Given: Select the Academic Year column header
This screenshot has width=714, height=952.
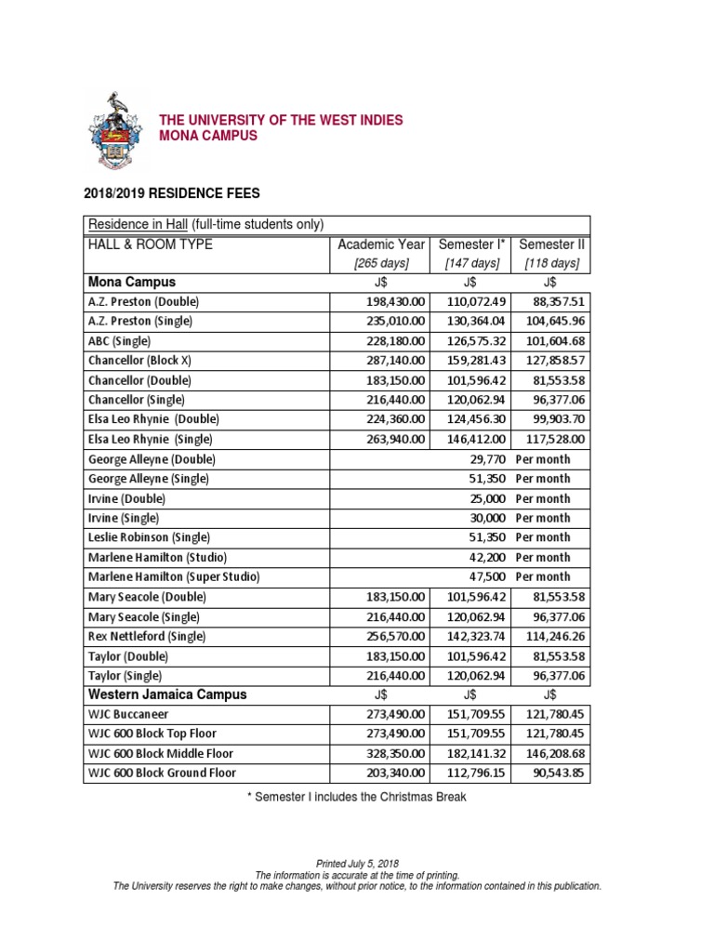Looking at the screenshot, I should (381, 245).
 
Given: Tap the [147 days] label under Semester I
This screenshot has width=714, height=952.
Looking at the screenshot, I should (471, 264).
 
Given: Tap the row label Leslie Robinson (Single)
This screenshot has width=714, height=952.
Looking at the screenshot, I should (149, 537).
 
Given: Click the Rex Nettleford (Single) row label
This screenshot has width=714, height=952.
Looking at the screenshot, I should (147, 636).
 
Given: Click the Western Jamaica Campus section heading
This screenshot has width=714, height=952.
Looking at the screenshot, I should (167, 694).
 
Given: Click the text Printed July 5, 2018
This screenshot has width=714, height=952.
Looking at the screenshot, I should (357, 864).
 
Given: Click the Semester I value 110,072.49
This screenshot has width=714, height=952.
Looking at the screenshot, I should (471, 302).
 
